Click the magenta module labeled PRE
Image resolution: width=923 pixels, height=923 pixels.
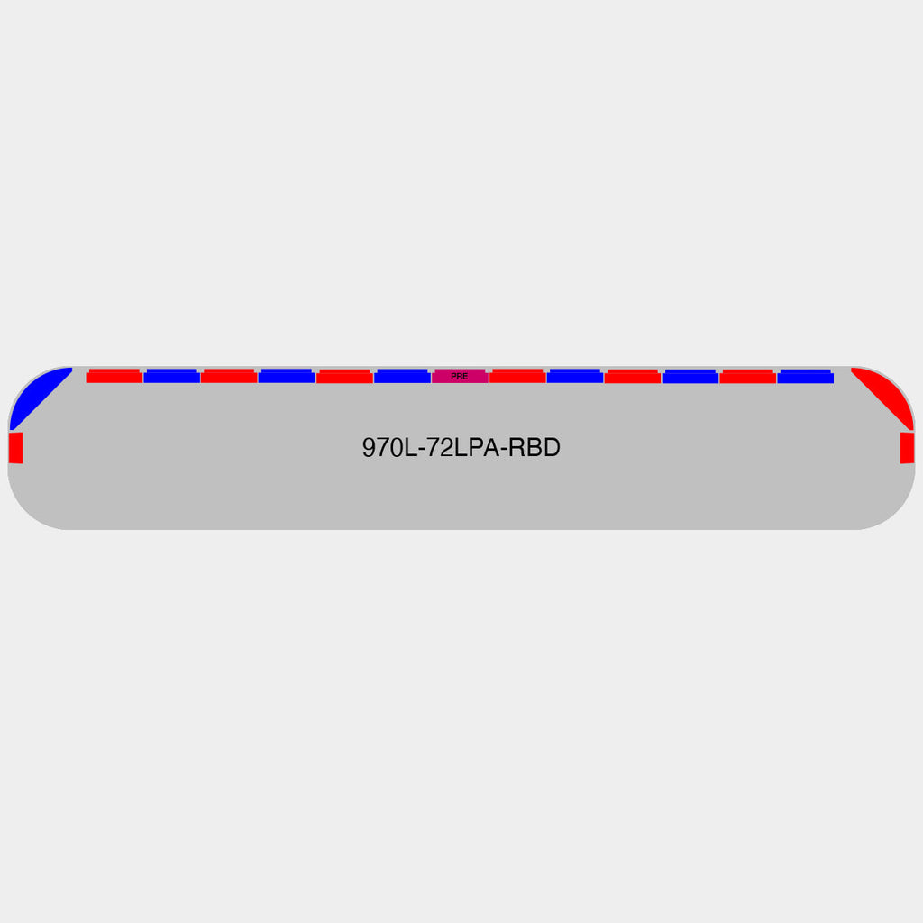(x=460, y=376)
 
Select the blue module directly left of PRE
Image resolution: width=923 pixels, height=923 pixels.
(x=402, y=376)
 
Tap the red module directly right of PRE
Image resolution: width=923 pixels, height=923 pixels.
(x=517, y=376)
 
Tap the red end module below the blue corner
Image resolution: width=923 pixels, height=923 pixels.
(x=16, y=448)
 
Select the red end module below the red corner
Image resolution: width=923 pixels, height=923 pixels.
(x=907, y=448)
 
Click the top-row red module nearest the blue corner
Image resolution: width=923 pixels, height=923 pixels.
(x=114, y=376)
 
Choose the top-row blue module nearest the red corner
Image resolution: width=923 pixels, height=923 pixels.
(x=805, y=376)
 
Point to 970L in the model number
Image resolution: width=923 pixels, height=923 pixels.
(x=389, y=448)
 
